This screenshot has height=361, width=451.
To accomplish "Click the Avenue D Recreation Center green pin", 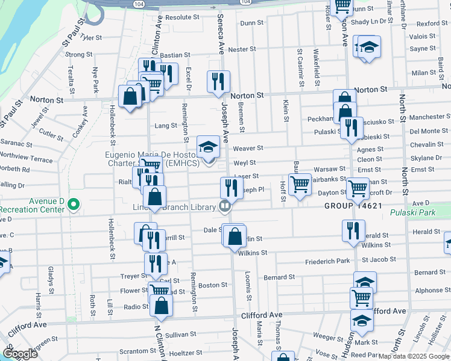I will [74, 205].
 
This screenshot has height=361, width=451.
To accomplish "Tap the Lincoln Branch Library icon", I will [225, 206].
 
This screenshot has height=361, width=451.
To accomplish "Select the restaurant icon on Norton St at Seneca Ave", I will [218, 81].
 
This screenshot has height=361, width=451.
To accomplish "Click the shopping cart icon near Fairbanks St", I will [300, 184].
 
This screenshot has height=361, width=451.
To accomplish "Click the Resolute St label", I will [181, 17].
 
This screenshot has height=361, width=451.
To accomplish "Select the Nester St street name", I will [239, 49].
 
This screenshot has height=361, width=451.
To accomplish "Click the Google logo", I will [20, 354].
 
